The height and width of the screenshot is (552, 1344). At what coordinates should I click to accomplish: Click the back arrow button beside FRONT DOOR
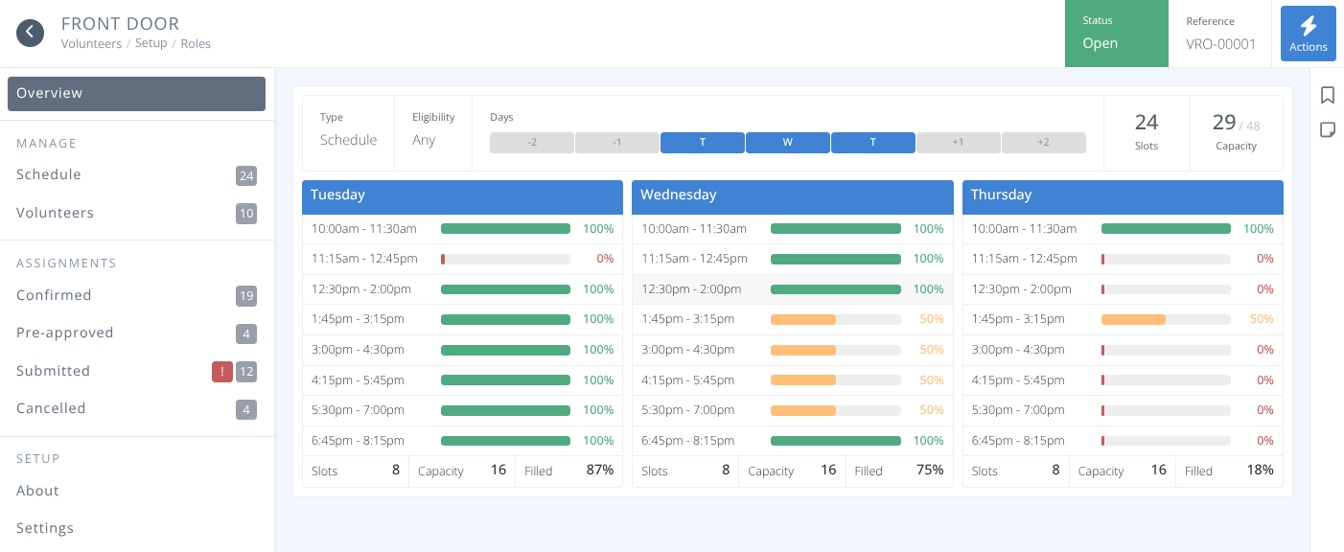point(31,33)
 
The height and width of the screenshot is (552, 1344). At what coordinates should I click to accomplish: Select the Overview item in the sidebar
point(136,94)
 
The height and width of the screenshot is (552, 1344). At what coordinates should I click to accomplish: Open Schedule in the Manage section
point(49,174)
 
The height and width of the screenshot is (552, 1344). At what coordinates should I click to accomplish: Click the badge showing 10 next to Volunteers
point(246,214)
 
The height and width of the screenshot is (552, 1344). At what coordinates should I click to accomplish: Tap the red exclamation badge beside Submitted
point(221,372)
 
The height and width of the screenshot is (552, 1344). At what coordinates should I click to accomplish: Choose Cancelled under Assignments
point(51,408)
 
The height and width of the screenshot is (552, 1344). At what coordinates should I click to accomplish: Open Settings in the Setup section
point(45,528)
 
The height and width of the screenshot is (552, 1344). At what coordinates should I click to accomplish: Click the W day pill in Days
point(787,143)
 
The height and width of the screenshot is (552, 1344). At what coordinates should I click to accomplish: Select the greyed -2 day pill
point(531,143)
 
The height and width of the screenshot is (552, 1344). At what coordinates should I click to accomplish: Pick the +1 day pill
point(958,143)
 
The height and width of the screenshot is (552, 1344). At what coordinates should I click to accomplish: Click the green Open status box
point(1116,34)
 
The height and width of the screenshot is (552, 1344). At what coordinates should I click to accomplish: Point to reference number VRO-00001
point(1220,44)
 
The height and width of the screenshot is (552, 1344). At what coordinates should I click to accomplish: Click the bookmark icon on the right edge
point(1328,95)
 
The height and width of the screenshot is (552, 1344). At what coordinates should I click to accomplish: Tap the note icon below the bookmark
point(1328,129)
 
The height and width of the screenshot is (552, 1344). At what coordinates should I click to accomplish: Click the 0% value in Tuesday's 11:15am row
point(604,259)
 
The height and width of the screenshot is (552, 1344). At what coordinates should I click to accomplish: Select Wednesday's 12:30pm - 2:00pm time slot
point(691,289)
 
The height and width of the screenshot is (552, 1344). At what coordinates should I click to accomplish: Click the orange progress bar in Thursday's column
point(1133,319)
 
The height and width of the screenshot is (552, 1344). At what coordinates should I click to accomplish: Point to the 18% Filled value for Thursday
point(1259,470)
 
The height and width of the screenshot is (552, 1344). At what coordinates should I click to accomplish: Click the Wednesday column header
point(792,195)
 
